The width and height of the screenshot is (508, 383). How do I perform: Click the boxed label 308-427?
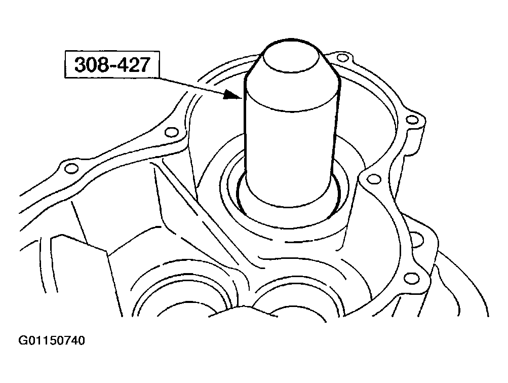coord(112,64)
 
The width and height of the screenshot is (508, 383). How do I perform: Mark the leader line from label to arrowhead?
coord(192,86)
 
